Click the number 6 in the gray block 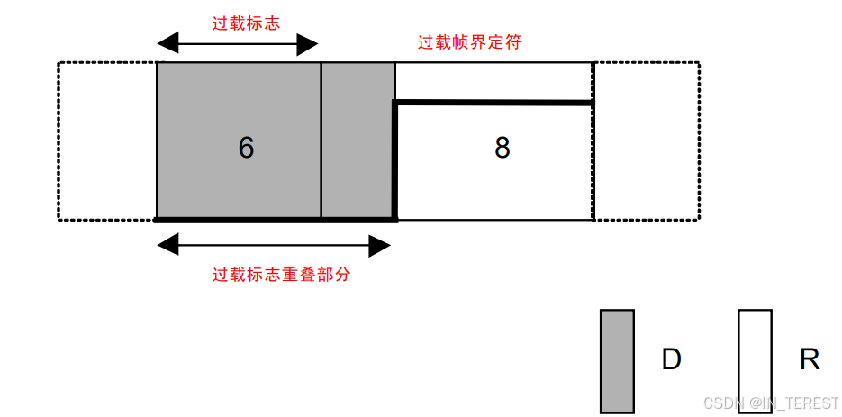pos(246,148)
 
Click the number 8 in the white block pos(502,148)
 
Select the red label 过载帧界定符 pos(469,42)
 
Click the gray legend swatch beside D pos(617,360)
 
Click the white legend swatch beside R pos(755,360)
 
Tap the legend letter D pos(671,360)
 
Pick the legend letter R pos(810,360)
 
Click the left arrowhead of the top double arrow pos(164,43)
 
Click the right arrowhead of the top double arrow pos(311,43)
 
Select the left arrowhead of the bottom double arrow pos(164,243)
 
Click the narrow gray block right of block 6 pos(358,141)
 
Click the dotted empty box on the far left pos(107,141)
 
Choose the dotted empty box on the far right pos(647,141)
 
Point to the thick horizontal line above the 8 pos(493,104)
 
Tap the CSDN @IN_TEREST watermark pos(770,403)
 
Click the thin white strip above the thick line pos(493,82)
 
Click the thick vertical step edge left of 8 pos(395,160)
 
